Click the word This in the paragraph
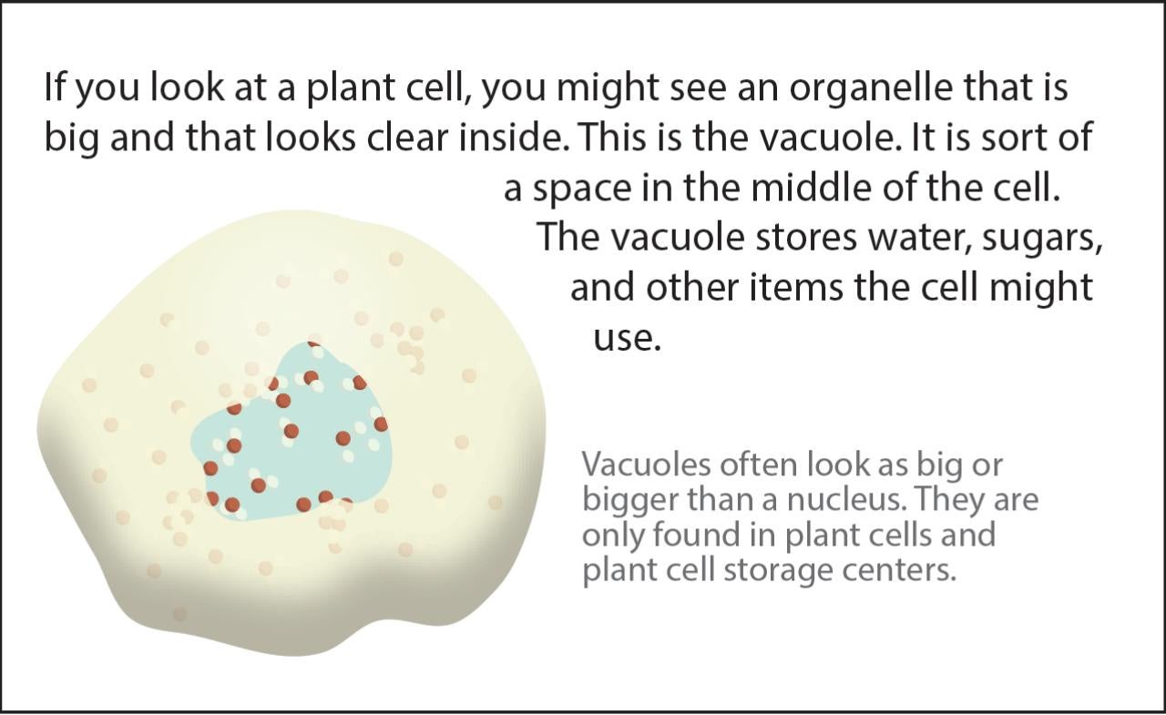(x=611, y=138)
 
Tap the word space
(x=582, y=189)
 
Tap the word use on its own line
(x=627, y=341)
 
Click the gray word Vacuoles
(x=646, y=465)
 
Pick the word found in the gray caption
(x=695, y=535)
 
